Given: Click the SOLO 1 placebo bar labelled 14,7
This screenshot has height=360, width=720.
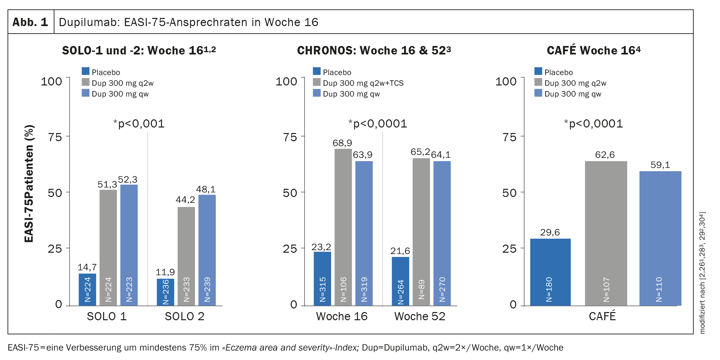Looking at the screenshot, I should coord(87,290).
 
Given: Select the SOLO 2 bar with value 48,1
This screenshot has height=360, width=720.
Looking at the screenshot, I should coord(207,250).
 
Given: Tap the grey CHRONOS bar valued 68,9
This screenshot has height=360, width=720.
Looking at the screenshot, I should coord(343,227).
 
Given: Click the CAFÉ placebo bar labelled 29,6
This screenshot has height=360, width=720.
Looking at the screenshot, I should coord(550,272).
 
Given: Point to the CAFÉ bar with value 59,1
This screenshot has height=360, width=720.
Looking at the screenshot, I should coord(660,238).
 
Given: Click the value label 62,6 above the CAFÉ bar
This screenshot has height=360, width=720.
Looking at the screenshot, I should coord(605,155).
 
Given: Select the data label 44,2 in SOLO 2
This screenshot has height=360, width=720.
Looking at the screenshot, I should coord(185,200).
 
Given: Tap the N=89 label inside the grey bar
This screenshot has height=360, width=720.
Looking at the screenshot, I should coord(421,290).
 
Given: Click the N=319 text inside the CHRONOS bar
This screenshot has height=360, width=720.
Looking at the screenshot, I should coord(364,290).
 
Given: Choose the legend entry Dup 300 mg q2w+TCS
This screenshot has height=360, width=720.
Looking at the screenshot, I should coord(363,83).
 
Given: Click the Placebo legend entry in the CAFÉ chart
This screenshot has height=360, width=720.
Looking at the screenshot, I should coord(558,72).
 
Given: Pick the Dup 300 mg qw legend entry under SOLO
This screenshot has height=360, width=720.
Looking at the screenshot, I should coord(120,94).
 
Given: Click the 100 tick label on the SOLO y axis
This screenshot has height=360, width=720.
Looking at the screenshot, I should coord(51,81).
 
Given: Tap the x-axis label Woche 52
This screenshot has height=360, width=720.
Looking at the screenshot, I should coord(420,316).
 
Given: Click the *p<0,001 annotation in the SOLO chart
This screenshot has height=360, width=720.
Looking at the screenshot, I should coord(139,124).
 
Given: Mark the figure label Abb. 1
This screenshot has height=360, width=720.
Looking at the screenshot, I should coord(30,22).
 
